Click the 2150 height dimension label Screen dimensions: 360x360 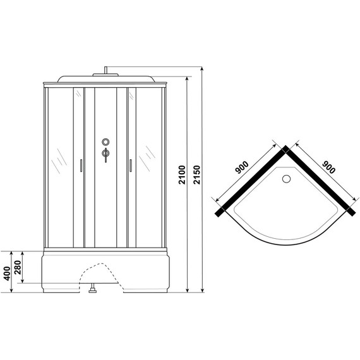click(197, 175)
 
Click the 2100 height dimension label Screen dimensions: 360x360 click(182, 175)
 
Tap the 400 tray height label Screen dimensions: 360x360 click(7, 273)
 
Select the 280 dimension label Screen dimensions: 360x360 click(18, 268)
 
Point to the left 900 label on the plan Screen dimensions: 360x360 click(241, 167)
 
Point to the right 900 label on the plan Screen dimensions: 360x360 click(329, 167)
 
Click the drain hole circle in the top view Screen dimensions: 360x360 click(286, 179)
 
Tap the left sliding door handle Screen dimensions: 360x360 click(81, 165)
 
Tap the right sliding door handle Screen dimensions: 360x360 click(131, 165)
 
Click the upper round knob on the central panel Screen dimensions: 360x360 click(105, 142)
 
